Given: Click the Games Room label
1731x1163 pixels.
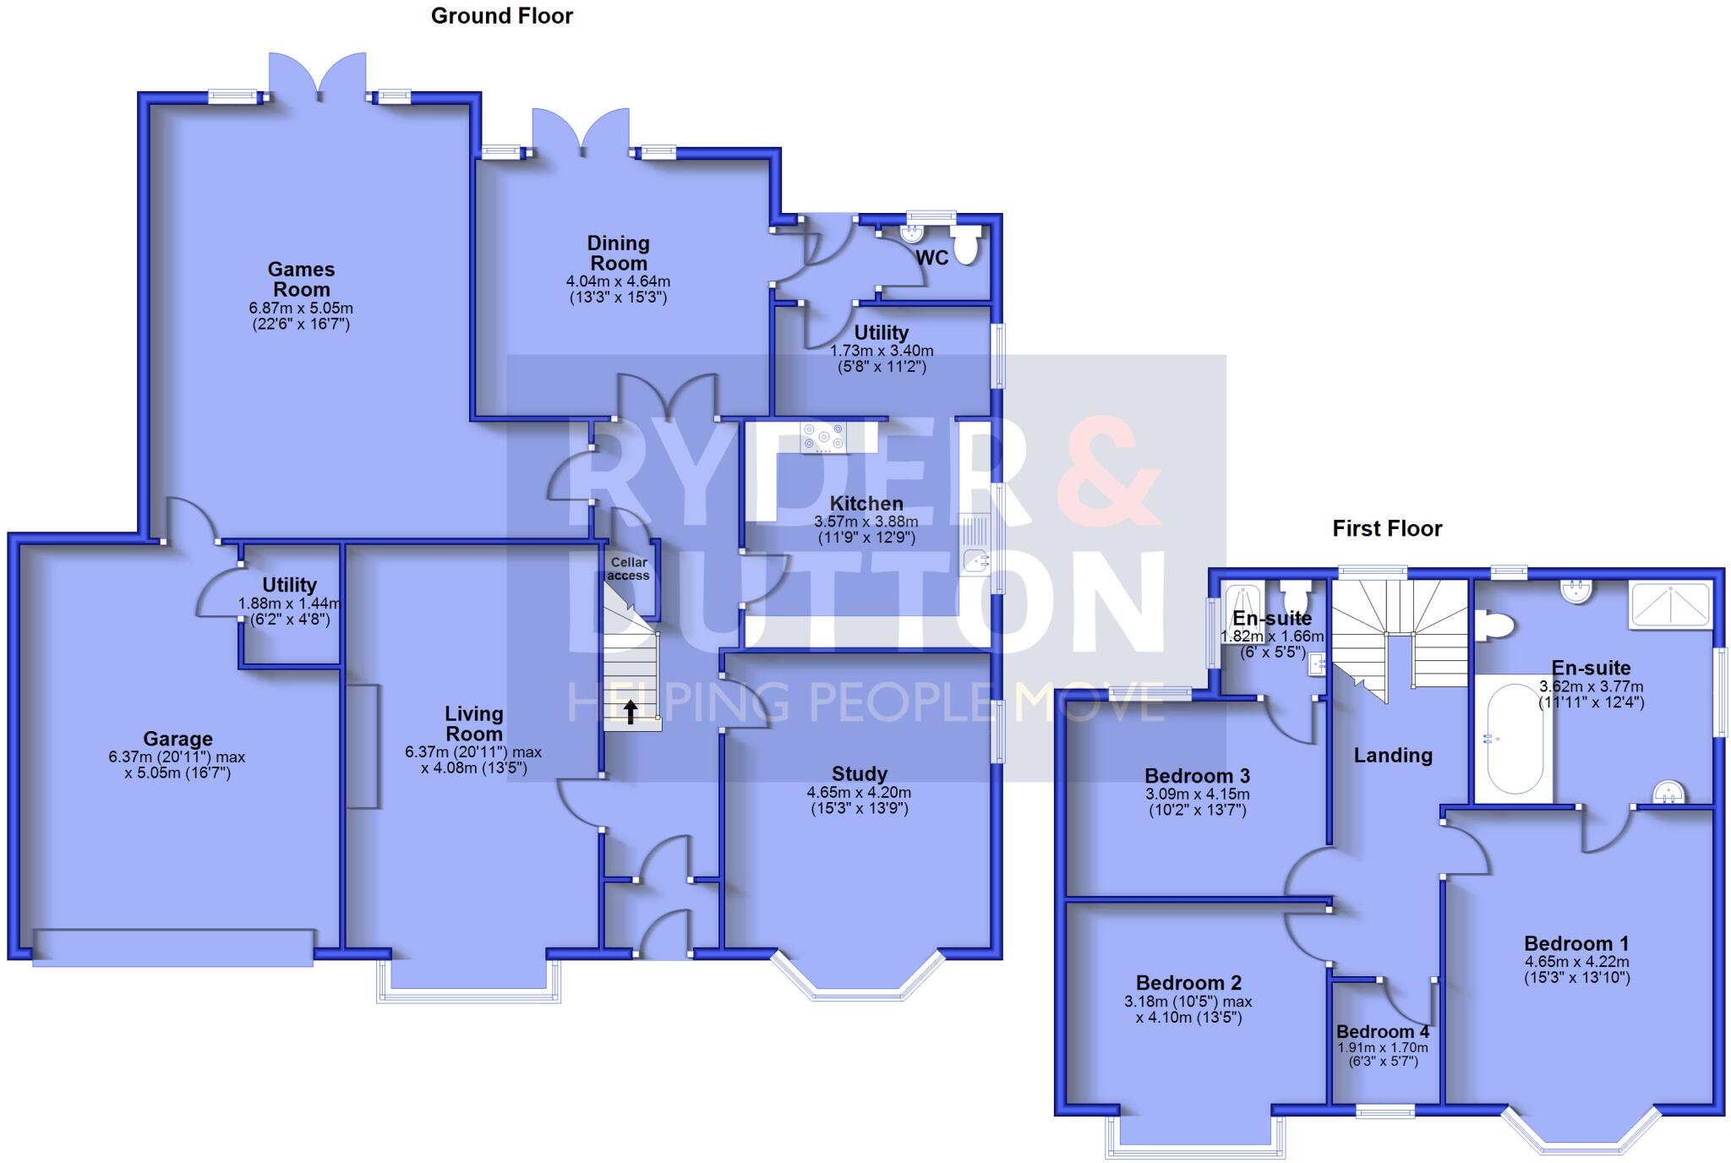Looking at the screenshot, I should [x=301, y=280].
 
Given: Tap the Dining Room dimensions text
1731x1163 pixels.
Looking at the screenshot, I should [x=618, y=289].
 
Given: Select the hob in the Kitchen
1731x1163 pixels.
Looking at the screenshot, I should [x=823, y=437].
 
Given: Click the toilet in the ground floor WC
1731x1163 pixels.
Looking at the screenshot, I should [x=965, y=246].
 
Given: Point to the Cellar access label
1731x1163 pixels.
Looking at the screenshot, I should [x=629, y=569].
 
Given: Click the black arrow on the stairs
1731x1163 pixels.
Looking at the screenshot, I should [x=631, y=712].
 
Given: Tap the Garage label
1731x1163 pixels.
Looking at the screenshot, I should [x=177, y=738].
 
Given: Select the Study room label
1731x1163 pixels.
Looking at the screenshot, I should [x=859, y=773].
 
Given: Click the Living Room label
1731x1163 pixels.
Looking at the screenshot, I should [x=474, y=723].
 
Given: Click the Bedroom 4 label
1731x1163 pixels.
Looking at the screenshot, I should [x=1383, y=1032].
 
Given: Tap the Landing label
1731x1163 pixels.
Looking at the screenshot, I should [x=1393, y=756].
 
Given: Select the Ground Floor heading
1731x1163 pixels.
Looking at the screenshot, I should [x=502, y=16].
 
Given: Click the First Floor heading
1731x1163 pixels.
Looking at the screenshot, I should [x=1387, y=529].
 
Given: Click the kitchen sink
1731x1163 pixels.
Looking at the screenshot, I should [x=976, y=559].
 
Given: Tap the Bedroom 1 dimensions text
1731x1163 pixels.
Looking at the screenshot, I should [x=1576, y=969].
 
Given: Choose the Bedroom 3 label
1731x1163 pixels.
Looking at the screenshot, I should [x=1197, y=776].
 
